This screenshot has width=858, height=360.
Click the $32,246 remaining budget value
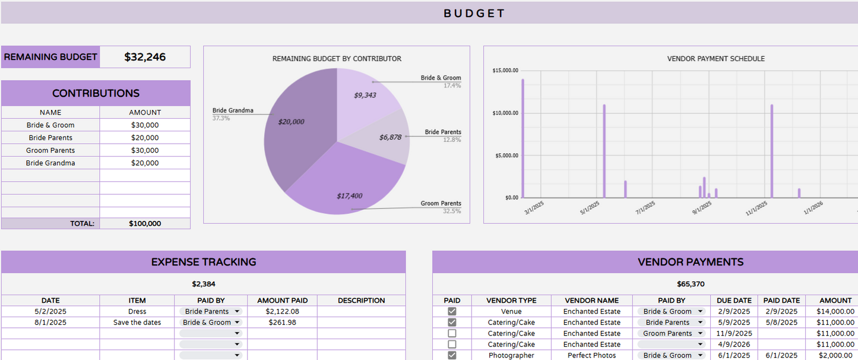pyautogui.click(x=145, y=58)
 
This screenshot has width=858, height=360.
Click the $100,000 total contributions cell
pyautogui.click(x=145, y=224)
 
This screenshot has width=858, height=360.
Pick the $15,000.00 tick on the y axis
pyautogui.click(x=505, y=71)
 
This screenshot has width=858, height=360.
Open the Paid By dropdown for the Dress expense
pyautogui.click(x=211, y=311)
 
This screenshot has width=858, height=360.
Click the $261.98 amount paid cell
pyautogui.click(x=282, y=323)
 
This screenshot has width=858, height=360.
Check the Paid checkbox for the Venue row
pyautogui.click(x=452, y=311)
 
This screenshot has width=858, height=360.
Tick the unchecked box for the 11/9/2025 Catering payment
pyautogui.click(x=452, y=333)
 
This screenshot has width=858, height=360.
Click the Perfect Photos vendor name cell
pyautogui.click(x=591, y=355)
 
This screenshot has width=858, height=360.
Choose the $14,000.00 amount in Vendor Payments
pyautogui.click(x=835, y=311)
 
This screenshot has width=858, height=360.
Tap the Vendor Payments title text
pyautogui.click(x=691, y=262)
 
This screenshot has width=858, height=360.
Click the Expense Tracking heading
pyautogui.click(x=204, y=262)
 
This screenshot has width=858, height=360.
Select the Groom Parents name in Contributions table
pyautogui.click(x=50, y=150)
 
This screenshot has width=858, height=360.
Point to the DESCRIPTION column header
pyautogui.click(x=361, y=301)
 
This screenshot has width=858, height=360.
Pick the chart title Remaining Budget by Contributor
pyautogui.click(x=337, y=59)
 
